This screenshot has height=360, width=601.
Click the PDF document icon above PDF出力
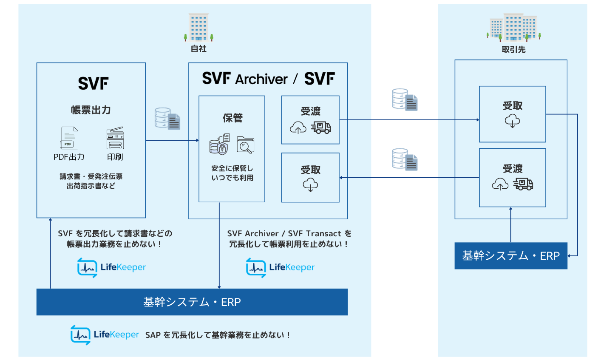point(69,138)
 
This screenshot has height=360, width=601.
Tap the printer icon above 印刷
point(115,138)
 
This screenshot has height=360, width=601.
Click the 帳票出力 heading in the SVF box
point(91,110)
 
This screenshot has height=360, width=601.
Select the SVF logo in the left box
point(93,83)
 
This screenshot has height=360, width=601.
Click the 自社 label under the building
point(198,49)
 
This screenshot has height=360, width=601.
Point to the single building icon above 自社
point(198,27)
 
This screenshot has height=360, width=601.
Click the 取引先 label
point(513,49)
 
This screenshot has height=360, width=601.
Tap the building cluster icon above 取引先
point(513,27)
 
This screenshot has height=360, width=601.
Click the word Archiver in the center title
point(261,79)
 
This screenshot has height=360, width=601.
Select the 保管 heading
point(232,118)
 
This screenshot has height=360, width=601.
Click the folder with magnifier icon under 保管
point(245,145)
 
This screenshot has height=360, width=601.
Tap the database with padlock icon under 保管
point(218,145)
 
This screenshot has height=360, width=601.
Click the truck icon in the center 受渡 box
point(321,127)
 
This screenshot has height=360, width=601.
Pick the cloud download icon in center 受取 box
point(310,185)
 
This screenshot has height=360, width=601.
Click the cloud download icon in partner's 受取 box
point(512,121)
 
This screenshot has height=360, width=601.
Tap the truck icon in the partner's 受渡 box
point(523,184)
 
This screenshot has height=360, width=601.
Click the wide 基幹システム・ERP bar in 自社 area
point(192,302)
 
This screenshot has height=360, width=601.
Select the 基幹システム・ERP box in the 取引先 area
point(511,256)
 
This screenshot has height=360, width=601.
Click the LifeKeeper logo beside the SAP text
point(105,334)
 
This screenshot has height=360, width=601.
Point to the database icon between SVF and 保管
point(167,119)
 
